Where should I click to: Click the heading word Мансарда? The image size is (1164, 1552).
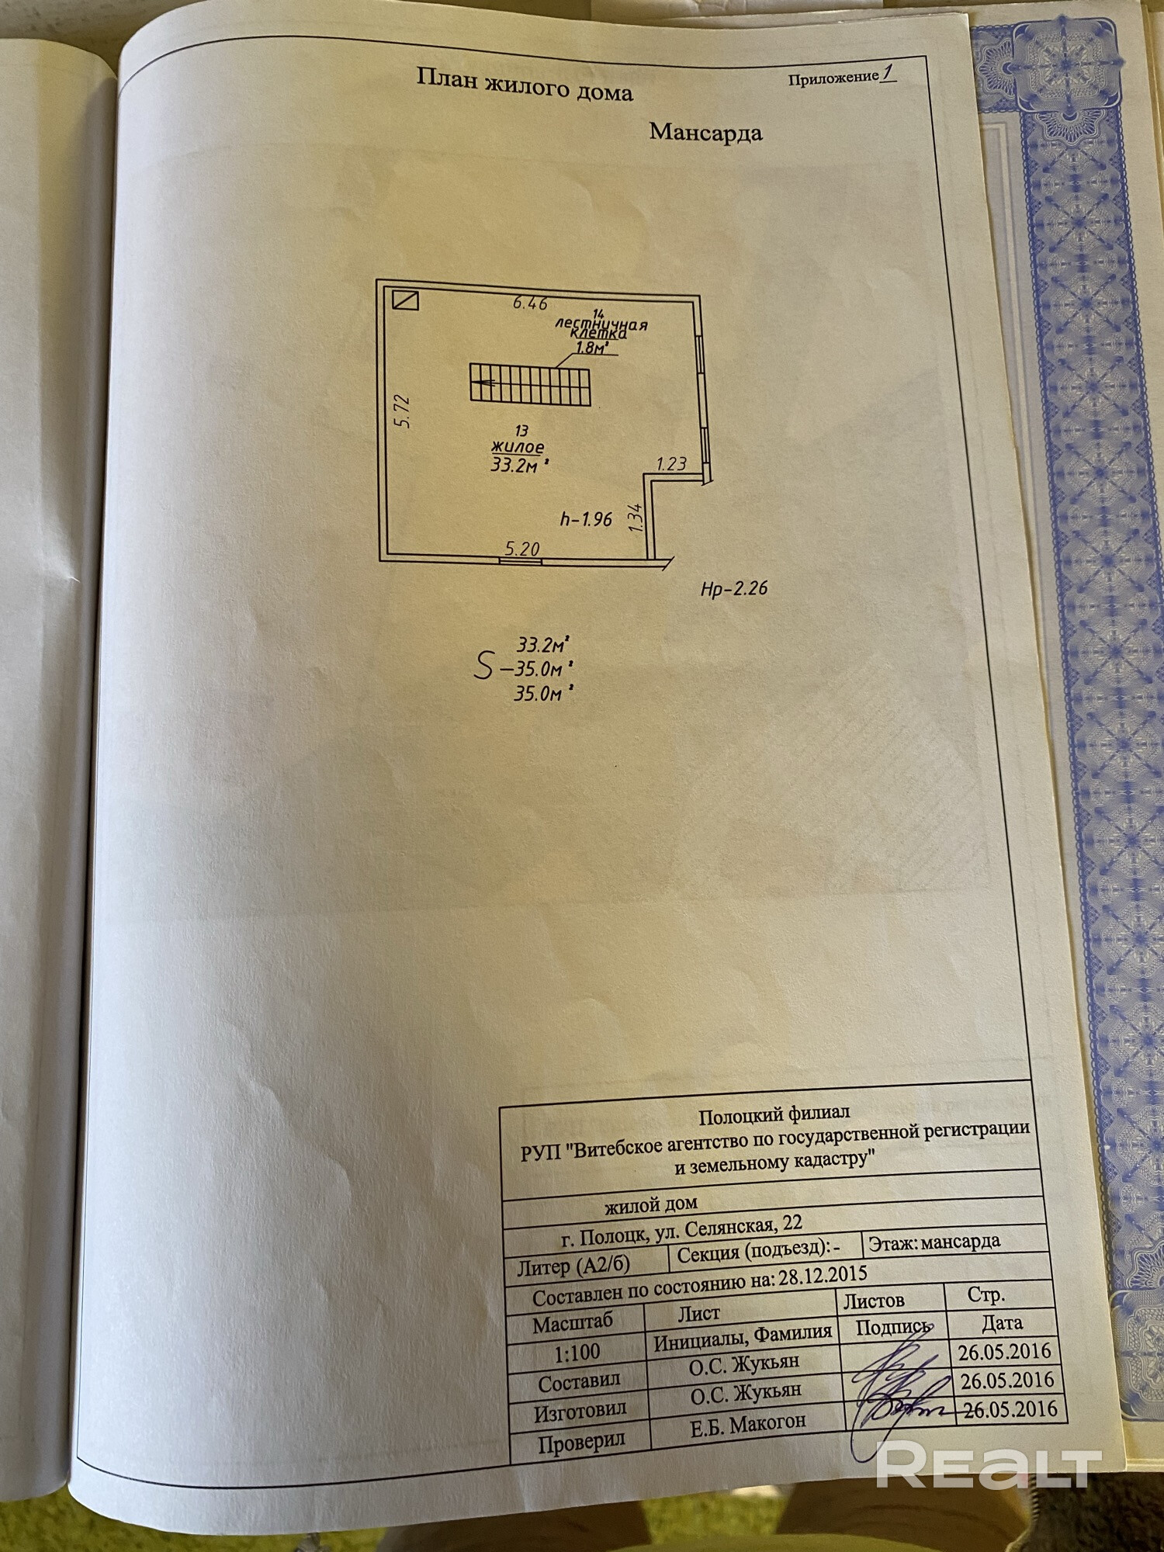coord(705,132)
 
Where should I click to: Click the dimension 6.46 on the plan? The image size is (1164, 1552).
coord(530,303)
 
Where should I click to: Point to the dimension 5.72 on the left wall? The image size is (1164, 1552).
coord(402,411)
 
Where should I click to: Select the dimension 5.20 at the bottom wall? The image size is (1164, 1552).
coord(521,549)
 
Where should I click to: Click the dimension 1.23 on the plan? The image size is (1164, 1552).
coord(671,464)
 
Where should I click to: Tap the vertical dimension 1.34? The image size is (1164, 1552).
coord(636,518)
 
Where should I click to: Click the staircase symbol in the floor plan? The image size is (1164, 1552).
coord(530,385)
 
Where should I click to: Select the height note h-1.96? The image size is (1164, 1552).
coord(586,519)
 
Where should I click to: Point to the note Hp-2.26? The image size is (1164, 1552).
coord(733,589)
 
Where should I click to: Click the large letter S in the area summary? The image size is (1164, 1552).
coord(483,666)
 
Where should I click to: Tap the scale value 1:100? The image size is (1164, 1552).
coord(577,1353)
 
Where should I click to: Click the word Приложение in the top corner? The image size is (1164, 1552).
coord(833,78)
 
